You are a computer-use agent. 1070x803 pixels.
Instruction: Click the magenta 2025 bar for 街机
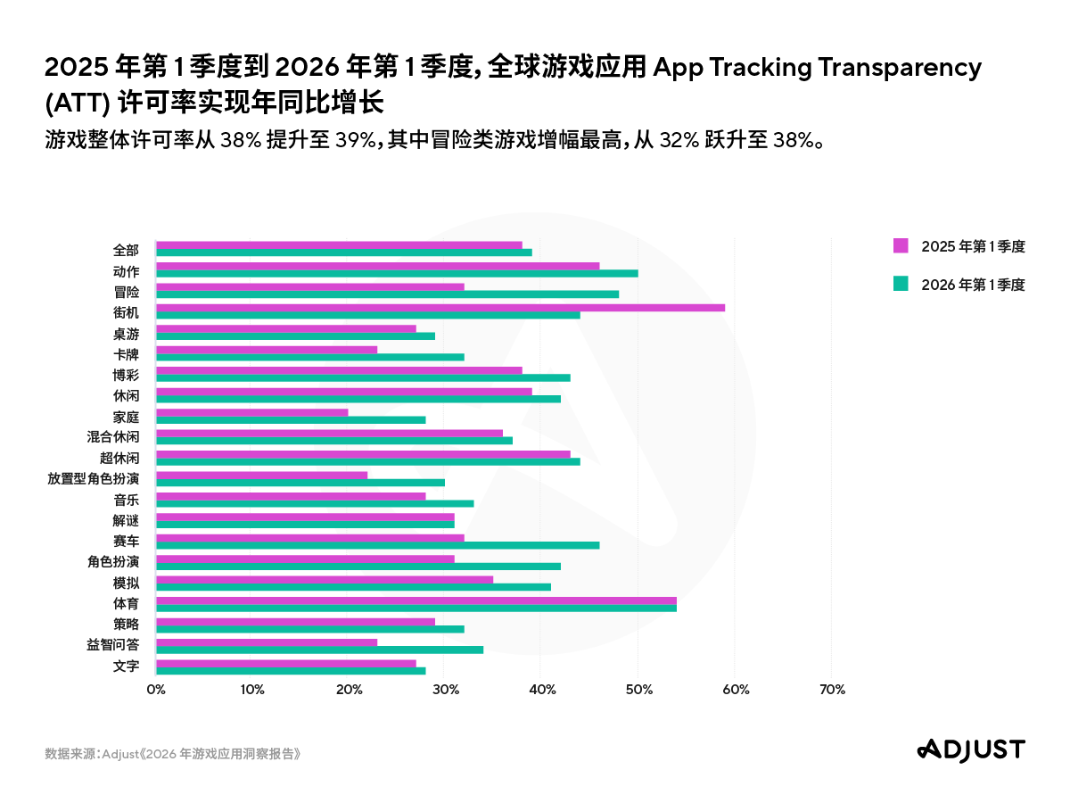point(440,308)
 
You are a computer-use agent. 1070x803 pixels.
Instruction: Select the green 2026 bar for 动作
point(397,273)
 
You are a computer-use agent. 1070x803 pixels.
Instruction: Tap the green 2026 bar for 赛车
point(377,544)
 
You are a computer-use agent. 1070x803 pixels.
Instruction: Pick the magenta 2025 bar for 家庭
point(252,412)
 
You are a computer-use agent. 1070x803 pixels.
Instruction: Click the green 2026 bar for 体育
point(416,608)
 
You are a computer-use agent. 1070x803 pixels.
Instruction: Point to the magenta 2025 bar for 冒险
point(310,286)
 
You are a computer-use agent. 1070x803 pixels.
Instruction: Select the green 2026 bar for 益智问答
point(319,649)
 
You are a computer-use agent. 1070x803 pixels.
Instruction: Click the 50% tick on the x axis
point(638,690)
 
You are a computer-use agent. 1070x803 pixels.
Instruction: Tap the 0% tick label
point(156,690)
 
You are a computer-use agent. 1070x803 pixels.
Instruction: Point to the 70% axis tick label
point(831,690)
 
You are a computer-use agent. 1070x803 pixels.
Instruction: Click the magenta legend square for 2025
point(901,246)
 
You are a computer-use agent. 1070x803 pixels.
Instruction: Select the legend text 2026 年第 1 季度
point(973,285)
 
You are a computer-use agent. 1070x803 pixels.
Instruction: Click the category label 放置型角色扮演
point(94,479)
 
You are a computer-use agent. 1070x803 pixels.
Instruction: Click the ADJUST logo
point(971,749)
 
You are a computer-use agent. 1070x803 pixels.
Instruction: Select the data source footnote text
point(173,754)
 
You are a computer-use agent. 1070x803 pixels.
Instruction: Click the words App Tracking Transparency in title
point(818,67)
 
